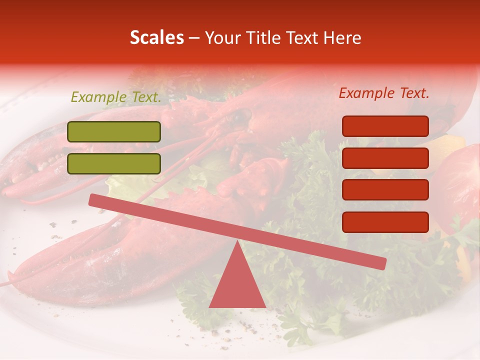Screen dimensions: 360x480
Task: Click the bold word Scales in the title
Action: (156, 37)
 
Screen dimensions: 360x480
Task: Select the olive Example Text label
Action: (115, 97)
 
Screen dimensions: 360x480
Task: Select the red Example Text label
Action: (384, 93)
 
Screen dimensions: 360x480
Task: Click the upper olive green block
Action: (114, 131)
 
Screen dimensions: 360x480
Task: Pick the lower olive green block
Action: (114, 163)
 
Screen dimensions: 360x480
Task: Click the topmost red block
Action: (385, 126)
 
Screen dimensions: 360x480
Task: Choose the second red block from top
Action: (385, 158)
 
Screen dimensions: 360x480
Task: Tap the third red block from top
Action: (385, 189)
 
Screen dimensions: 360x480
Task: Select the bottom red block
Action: (385, 222)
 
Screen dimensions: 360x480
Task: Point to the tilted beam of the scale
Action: (237, 231)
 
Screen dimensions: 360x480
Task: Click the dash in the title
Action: (194, 38)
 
